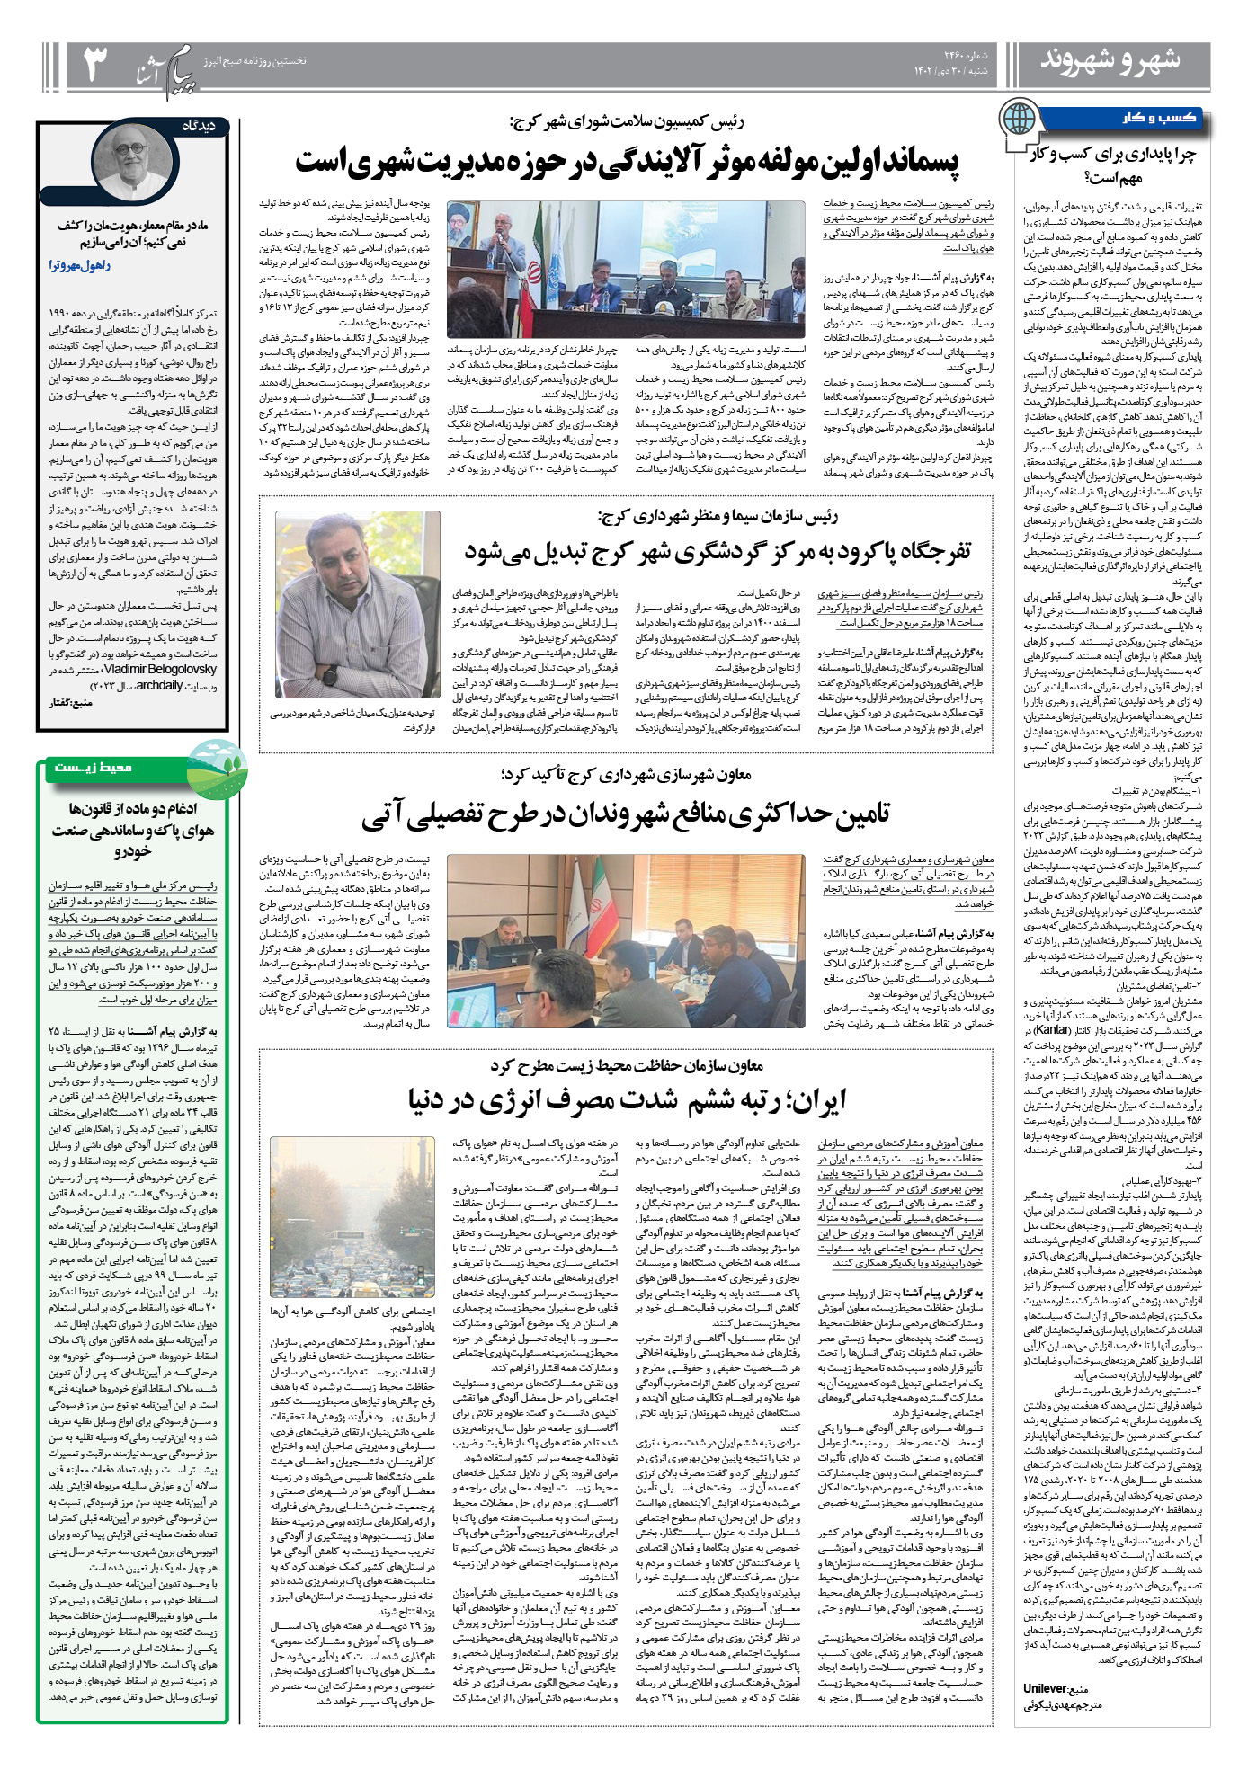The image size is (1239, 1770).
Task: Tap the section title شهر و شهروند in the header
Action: point(1110,61)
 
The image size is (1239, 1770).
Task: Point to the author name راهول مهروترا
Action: point(80,266)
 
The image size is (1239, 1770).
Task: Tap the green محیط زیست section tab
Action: point(94,767)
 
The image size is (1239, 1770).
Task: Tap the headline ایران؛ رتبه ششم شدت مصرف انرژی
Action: point(626,1099)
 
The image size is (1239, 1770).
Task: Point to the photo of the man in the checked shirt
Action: point(358,603)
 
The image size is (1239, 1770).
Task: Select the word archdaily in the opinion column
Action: point(159,686)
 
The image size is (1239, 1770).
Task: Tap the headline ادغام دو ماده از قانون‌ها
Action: point(133,829)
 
